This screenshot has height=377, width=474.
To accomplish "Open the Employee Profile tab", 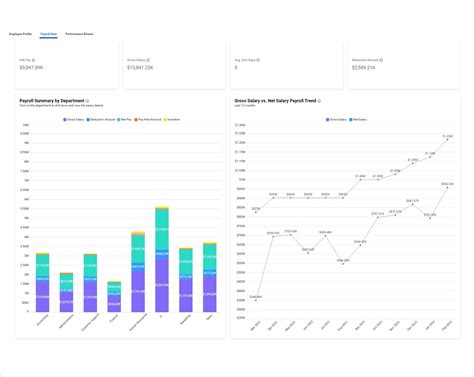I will click(22, 34).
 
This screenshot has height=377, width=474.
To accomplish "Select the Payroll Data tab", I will click(47, 34).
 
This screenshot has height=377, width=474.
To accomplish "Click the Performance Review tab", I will click(79, 34).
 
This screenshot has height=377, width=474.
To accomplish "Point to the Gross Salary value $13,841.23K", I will click(141, 68).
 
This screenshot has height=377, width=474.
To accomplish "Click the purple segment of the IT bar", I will click(161, 290).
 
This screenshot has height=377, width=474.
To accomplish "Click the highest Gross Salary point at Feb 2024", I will click(447, 140).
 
